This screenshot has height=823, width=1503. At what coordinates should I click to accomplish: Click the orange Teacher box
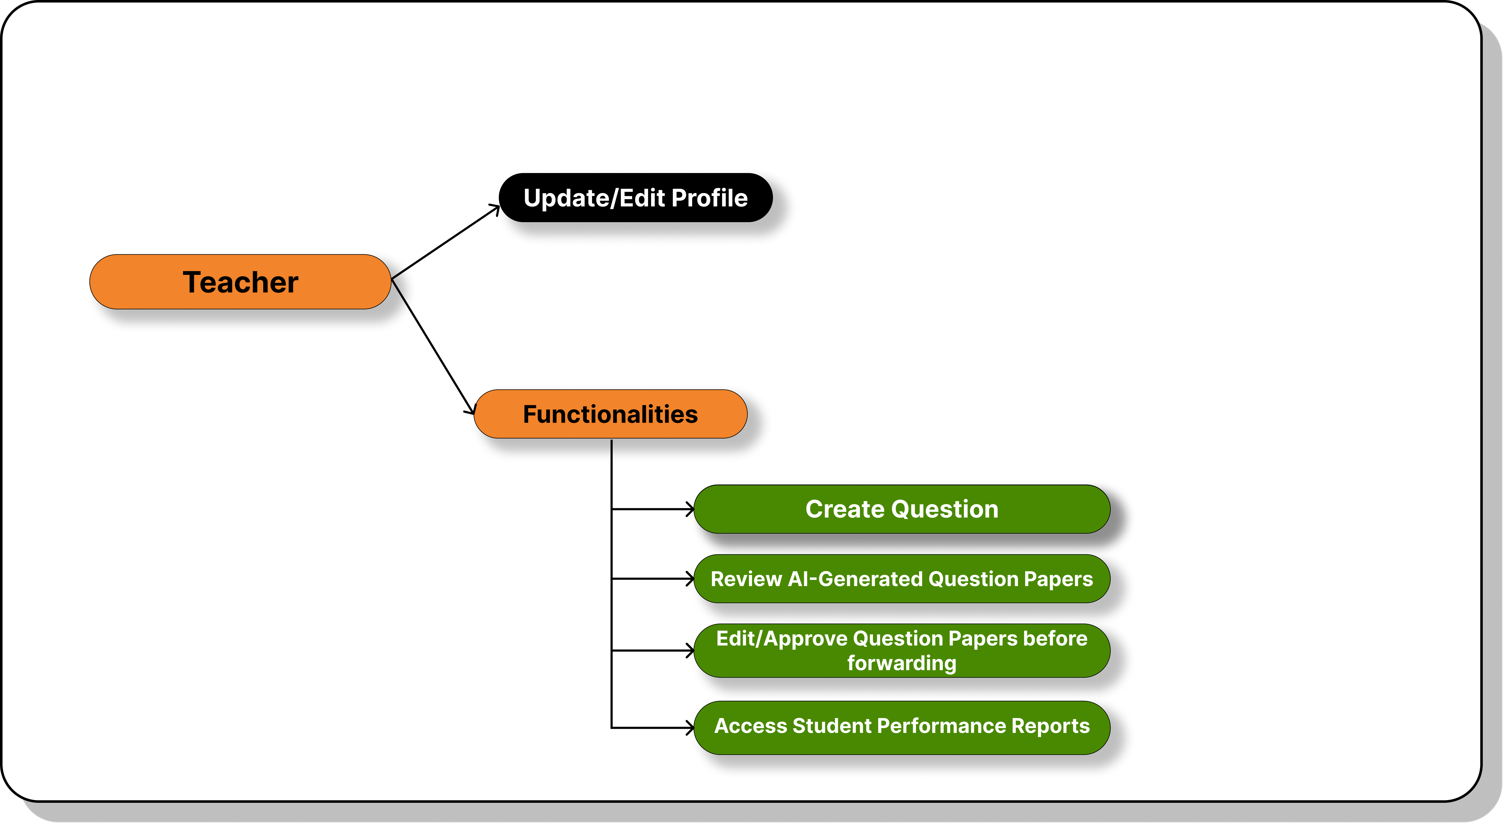[240, 282]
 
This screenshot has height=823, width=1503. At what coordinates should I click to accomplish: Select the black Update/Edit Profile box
[635, 198]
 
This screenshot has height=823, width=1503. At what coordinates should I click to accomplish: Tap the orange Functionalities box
[610, 414]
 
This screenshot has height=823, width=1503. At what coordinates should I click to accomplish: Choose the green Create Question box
[901, 509]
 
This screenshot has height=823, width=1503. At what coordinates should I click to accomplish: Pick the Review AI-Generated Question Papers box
[901, 579]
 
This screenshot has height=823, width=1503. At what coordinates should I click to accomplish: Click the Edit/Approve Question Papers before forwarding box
[901, 650]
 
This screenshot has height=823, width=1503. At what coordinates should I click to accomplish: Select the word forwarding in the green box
[901, 663]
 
